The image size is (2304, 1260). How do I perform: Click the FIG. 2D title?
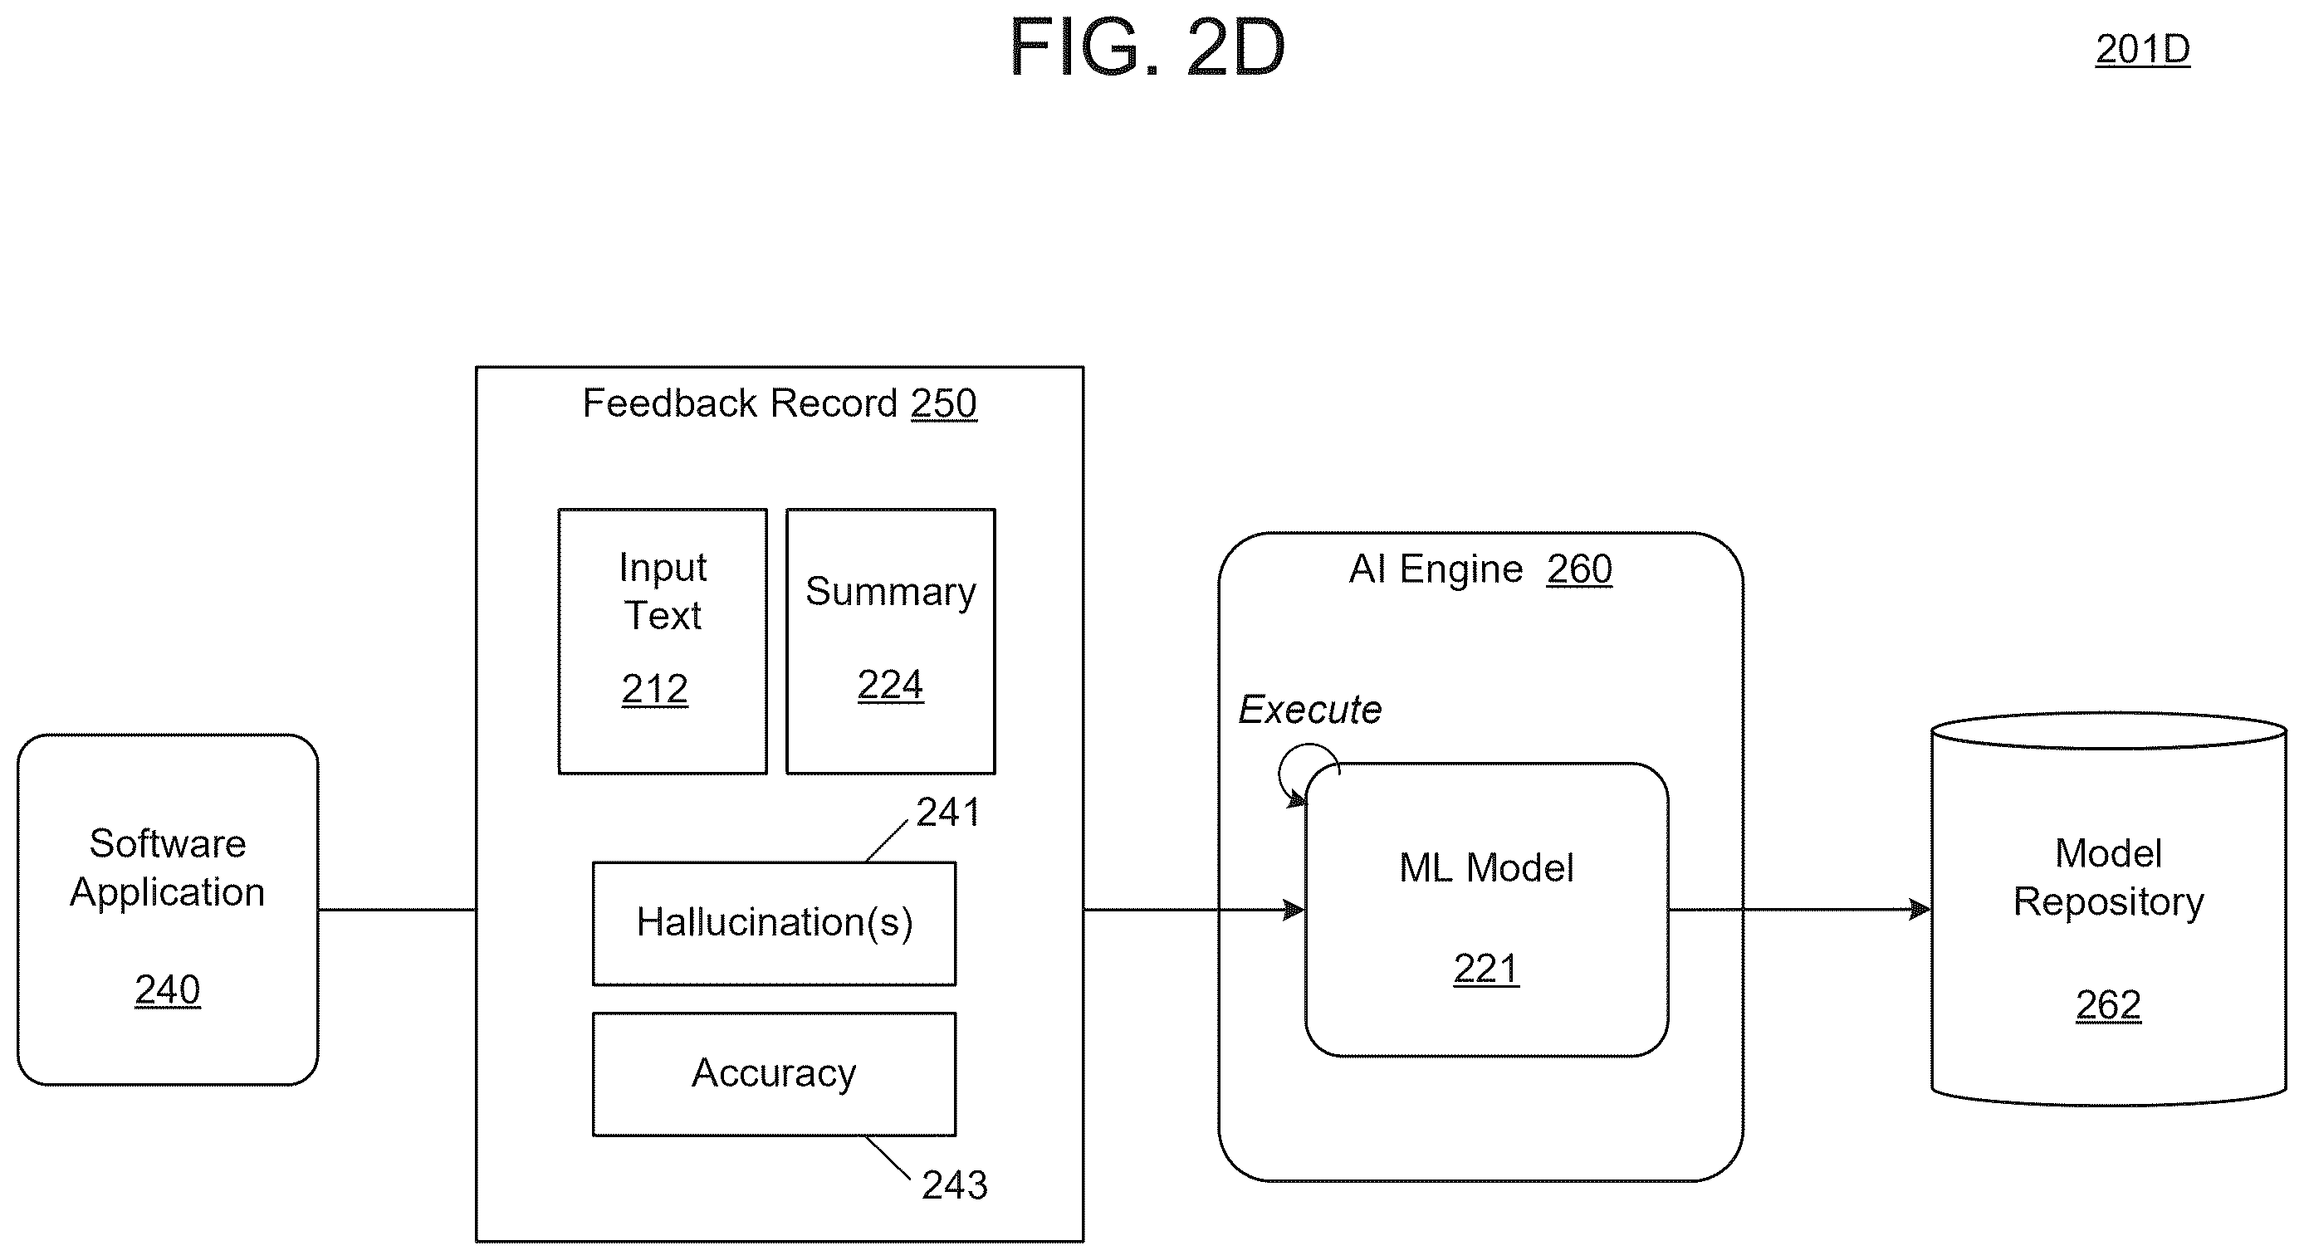pos(1147,47)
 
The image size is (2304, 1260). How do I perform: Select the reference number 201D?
pos(2142,49)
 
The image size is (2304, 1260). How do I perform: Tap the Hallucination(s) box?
pos(774,923)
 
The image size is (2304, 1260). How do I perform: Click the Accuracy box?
pos(774,1073)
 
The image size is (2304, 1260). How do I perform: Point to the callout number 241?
pos(947,812)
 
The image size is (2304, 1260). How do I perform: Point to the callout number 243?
pos(954,1185)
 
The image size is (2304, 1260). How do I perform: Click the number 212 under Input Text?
pos(655,689)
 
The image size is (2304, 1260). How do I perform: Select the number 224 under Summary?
pos(890,685)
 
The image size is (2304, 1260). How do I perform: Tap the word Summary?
pos(891,592)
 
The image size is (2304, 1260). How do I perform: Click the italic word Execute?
pos(1309,710)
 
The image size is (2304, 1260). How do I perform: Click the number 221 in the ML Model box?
pos(1485,969)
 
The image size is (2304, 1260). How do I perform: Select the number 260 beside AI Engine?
pos(1579,569)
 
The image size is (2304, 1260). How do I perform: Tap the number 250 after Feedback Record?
pos(944,403)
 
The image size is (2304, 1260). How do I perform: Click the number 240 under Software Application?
pos(167,990)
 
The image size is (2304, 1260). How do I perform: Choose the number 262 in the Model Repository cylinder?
pos(2108,1005)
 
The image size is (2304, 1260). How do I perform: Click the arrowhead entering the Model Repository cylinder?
pos(1920,910)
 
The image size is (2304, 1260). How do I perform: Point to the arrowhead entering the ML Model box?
pos(1294,910)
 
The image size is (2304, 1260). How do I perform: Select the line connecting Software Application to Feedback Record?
pos(397,910)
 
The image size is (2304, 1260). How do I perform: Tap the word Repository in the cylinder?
pos(2108,902)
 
